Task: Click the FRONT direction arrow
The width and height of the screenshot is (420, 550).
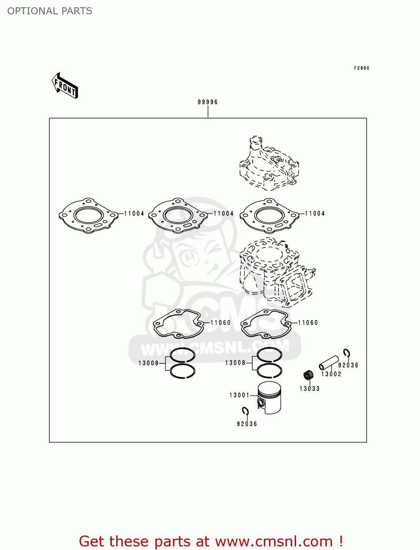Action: [65, 86]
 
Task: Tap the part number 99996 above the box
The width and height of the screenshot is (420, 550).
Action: [207, 102]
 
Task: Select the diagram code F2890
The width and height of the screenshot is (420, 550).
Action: [361, 68]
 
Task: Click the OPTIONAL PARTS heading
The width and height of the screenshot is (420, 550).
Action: [50, 11]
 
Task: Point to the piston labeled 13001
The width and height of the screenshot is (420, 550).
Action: [270, 397]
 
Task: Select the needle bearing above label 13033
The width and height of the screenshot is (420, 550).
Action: [309, 375]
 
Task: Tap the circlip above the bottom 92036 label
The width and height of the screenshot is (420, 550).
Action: [245, 411]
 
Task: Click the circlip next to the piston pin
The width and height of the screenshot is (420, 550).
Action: [346, 353]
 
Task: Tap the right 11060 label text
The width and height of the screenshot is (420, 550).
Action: [308, 323]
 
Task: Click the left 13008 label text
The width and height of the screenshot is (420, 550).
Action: [148, 363]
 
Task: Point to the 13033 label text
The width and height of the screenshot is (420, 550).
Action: [310, 389]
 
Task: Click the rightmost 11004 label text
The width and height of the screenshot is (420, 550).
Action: [315, 213]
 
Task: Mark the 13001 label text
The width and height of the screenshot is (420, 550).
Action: [239, 395]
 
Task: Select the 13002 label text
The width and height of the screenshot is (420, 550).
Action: [331, 374]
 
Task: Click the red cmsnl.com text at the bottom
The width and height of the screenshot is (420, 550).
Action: [211, 541]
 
